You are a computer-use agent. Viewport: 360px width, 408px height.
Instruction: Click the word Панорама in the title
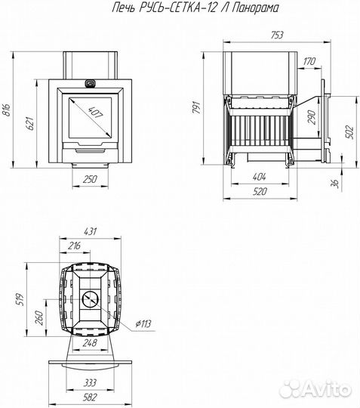(x=254, y=8)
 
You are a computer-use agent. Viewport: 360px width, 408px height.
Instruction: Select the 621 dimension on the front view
(x=29, y=124)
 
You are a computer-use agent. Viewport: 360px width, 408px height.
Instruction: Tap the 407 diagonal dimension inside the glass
(x=96, y=112)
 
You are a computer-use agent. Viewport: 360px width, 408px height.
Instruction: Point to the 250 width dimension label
(x=90, y=179)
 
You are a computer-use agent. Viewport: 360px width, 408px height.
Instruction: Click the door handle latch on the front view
(x=90, y=84)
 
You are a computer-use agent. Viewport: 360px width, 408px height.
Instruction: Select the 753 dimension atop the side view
(x=276, y=35)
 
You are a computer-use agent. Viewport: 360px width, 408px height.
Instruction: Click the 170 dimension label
(x=309, y=61)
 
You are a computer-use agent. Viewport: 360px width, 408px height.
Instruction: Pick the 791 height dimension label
(x=197, y=107)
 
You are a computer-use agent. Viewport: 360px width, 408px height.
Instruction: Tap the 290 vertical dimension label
(x=312, y=117)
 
